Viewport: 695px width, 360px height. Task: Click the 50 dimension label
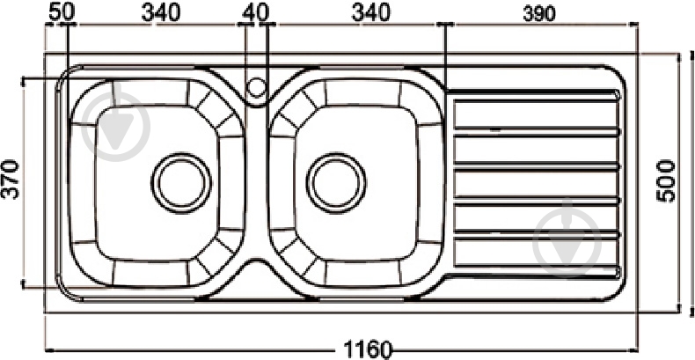[x=60, y=11]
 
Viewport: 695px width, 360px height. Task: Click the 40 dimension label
[x=255, y=11]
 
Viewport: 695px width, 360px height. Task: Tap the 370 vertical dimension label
[x=11, y=179]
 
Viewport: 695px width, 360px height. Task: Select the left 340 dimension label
[x=160, y=11]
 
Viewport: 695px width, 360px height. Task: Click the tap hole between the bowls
[x=256, y=87]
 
